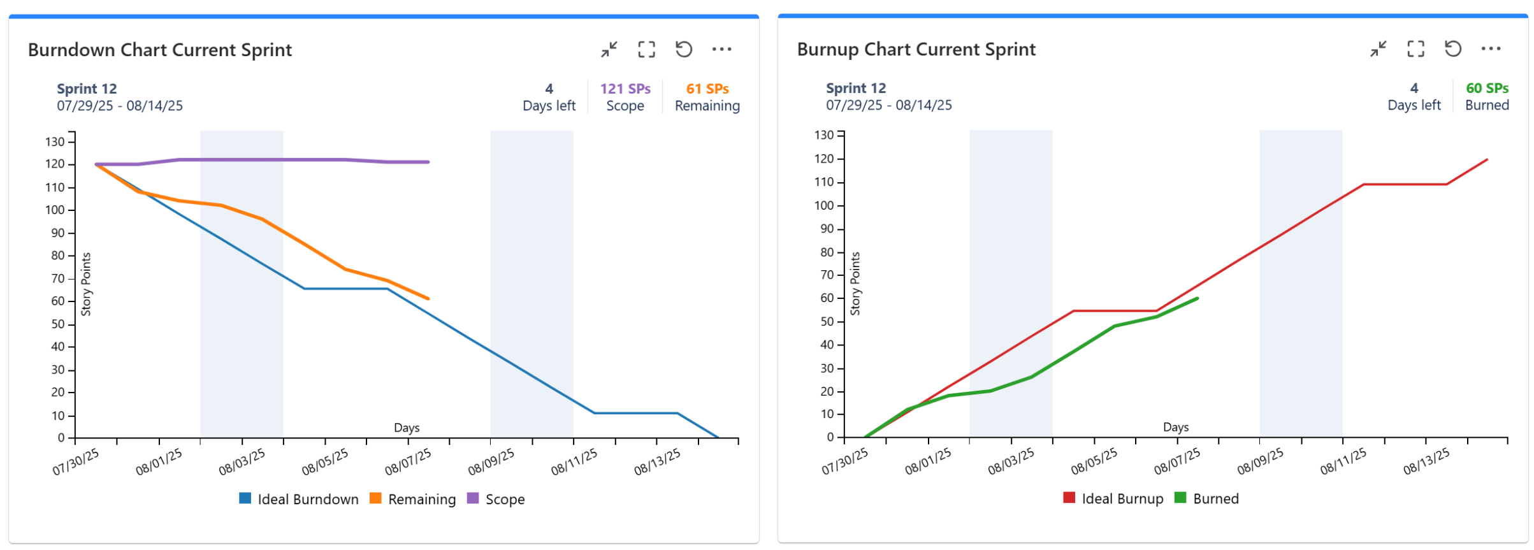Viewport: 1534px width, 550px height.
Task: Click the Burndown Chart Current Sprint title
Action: pos(159,50)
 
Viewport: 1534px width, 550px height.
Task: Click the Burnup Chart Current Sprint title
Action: pos(916,49)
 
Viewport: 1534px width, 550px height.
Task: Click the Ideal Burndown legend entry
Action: pos(298,499)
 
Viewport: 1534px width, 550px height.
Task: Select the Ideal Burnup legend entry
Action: pos(1113,498)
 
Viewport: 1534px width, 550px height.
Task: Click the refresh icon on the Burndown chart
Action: pos(684,49)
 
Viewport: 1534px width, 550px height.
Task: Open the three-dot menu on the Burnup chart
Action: pos(1491,48)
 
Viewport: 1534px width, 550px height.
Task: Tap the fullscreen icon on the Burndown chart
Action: pos(646,49)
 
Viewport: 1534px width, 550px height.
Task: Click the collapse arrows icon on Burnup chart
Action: pos(1378,48)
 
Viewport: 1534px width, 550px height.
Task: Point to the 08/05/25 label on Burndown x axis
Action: pos(325,462)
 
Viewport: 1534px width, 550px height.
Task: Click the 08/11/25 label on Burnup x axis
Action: pos(1343,461)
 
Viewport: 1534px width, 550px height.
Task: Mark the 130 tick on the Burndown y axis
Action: pos(55,141)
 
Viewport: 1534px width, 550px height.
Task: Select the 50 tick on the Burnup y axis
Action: pos(827,321)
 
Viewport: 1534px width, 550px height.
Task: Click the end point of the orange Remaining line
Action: pos(428,298)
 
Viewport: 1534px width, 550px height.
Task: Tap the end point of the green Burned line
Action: pos(1197,298)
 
